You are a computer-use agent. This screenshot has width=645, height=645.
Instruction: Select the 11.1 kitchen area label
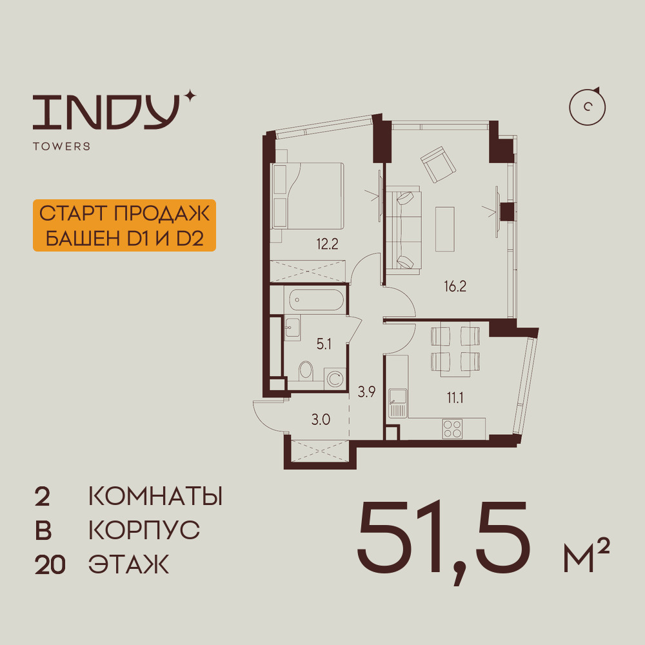[x=455, y=397]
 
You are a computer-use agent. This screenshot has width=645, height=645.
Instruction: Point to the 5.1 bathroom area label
[x=324, y=344]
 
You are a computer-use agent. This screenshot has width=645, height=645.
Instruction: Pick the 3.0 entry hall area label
[x=321, y=420]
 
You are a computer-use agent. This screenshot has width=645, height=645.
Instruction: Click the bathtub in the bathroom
[x=316, y=301]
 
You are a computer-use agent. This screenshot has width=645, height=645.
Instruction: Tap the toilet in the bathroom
[x=306, y=372]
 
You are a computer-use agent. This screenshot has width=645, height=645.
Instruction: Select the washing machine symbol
[x=335, y=378]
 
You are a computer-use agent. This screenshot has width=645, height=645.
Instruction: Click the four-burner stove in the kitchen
[x=452, y=428]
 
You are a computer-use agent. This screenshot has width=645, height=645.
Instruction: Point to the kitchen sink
[x=397, y=404]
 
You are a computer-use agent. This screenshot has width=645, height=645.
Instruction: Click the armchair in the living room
[x=439, y=164]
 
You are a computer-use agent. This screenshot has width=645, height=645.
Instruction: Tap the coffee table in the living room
[x=444, y=228]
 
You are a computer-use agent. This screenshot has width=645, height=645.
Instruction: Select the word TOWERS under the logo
[x=61, y=146]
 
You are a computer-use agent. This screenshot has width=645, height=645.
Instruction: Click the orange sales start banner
[x=123, y=225]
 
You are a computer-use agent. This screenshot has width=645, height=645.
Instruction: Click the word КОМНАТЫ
[x=155, y=497]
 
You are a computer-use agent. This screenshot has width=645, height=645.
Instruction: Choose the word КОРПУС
[x=144, y=531]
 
